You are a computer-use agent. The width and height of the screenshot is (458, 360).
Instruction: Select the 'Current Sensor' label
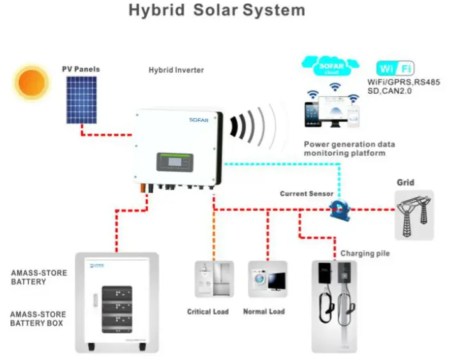[303, 193]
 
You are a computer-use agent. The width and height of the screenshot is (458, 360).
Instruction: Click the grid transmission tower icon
[413, 214]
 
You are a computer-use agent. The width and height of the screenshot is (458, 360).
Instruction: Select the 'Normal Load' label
[264, 311]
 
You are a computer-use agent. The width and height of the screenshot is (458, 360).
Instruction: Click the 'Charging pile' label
[365, 253]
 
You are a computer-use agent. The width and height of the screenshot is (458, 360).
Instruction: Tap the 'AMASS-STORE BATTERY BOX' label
[38, 319]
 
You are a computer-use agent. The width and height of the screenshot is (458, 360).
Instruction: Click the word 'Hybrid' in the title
[155, 11]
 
